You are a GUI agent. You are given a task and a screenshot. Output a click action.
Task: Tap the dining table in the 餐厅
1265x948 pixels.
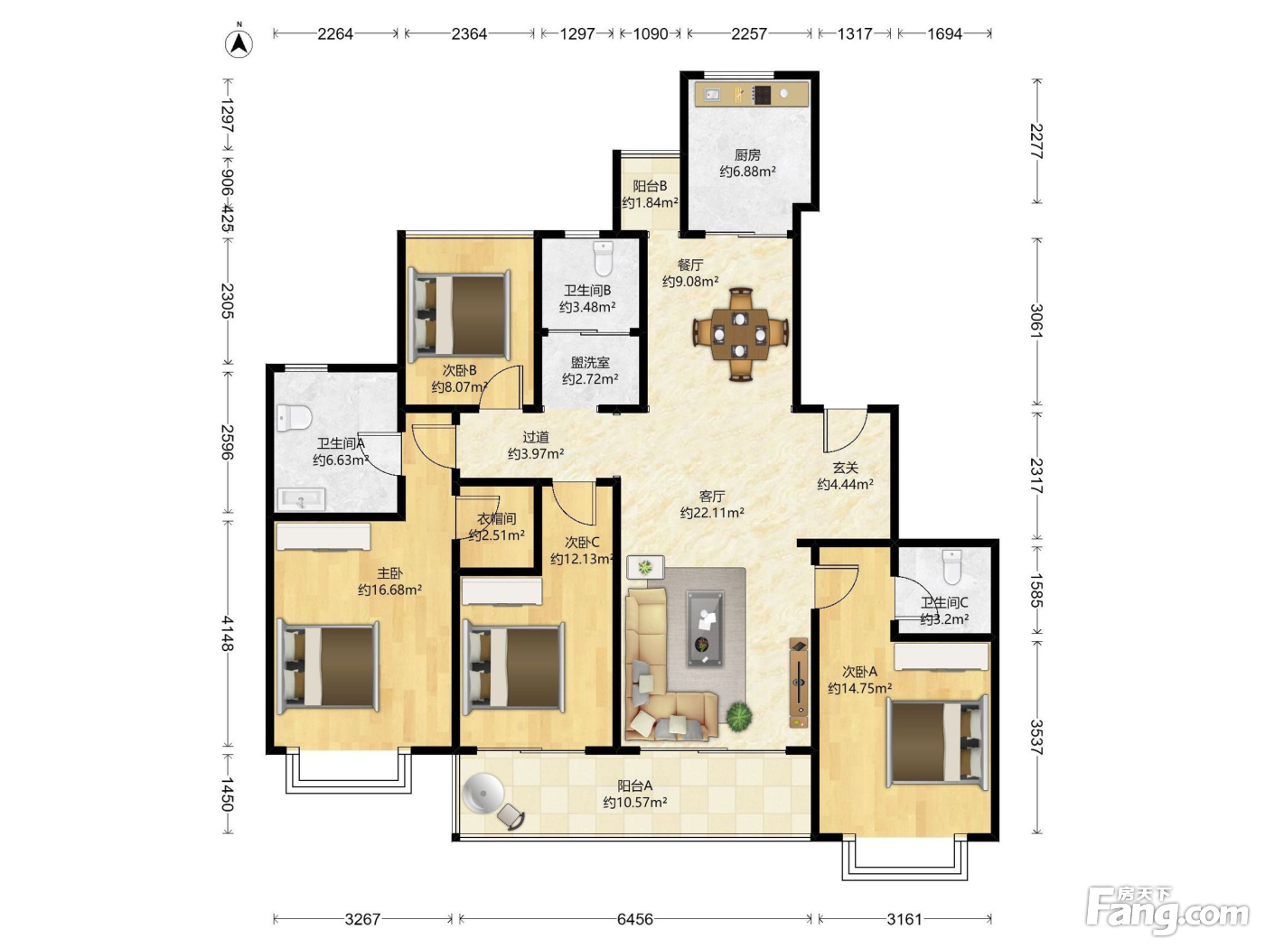(740, 334)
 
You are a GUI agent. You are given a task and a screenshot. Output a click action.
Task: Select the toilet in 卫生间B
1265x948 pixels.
(604, 259)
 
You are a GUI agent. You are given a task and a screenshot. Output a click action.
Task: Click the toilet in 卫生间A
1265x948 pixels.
(294, 417)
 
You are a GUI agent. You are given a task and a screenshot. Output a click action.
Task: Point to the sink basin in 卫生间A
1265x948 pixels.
(301, 499)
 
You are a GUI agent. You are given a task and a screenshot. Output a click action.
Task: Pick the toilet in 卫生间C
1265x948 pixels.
(952, 567)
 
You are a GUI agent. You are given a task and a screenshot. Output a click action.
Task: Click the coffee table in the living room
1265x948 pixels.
(704, 628)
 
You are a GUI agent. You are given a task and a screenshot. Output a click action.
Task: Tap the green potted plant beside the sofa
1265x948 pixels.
(739, 717)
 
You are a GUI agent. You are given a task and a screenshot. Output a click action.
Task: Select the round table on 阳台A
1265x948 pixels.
(483, 794)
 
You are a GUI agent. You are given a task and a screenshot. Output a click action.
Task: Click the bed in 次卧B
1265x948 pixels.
(459, 316)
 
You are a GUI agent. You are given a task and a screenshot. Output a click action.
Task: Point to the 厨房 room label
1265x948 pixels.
(747, 154)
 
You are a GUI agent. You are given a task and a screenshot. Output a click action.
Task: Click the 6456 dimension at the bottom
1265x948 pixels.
(635, 919)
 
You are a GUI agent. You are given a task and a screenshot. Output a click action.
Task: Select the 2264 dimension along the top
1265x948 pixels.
(335, 34)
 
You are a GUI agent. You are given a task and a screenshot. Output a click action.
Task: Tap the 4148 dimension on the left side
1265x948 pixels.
(228, 634)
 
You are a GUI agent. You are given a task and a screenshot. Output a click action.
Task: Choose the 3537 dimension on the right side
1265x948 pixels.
(1036, 738)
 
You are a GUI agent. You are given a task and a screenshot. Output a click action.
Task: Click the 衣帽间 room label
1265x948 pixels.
(497, 518)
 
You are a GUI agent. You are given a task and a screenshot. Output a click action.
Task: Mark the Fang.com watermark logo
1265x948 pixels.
(1167, 911)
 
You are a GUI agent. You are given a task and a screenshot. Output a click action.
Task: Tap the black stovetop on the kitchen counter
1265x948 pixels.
(762, 95)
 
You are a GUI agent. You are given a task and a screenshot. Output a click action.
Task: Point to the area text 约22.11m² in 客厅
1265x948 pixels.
(712, 512)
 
